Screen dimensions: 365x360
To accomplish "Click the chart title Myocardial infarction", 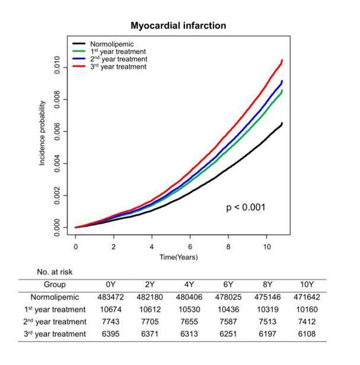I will pyautogui.click(x=179, y=26).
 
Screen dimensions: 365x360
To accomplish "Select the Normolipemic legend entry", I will pyautogui.click(x=109, y=44).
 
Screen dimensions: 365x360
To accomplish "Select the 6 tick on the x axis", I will pyautogui.click(x=190, y=246).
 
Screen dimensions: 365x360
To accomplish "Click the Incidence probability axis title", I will pyautogui.click(x=42, y=133).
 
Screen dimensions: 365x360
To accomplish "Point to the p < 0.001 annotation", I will pyautogui.click(x=245, y=207).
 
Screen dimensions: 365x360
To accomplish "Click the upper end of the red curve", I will pyautogui.click(x=282, y=60).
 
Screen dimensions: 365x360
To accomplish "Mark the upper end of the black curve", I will pyautogui.click(x=282, y=123).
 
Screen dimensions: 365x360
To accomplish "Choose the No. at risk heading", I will pyautogui.click(x=55, y=273).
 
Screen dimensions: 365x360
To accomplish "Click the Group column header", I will pyautogui.click(x=55, y=285).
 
